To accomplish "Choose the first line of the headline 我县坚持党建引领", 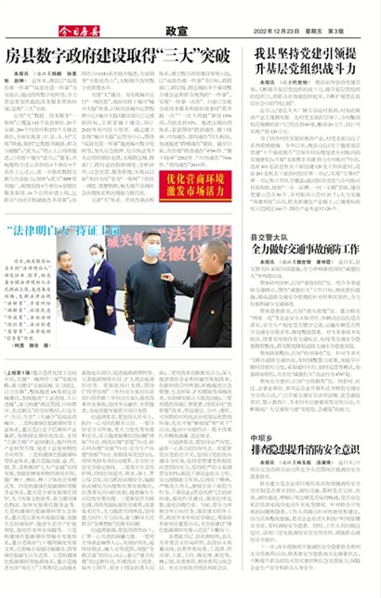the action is [309, 53].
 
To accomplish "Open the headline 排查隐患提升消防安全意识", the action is [309, 449].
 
